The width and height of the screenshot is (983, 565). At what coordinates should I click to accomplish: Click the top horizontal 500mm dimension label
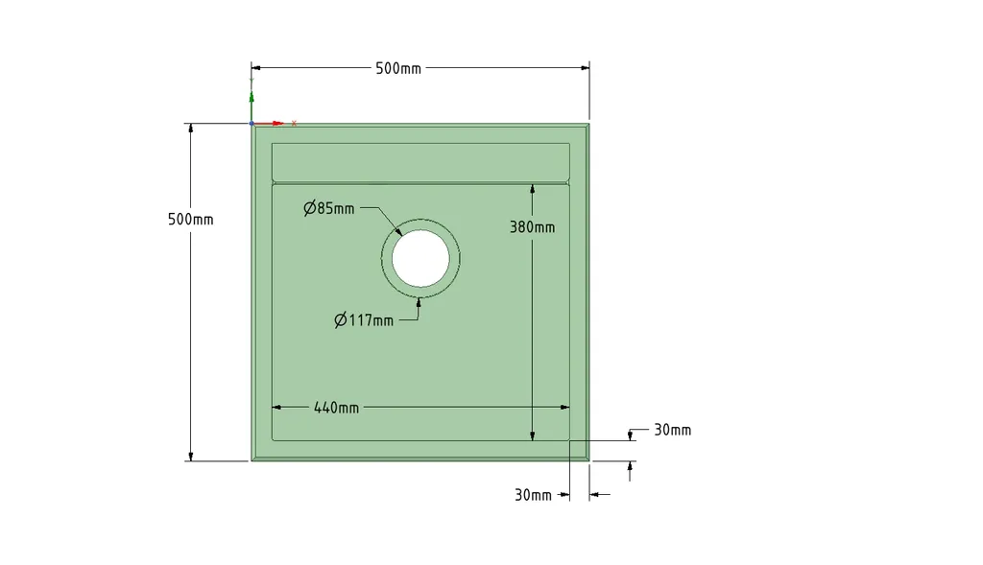coord(397,68)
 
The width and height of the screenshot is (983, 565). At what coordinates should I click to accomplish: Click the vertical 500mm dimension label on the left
coord(190,219)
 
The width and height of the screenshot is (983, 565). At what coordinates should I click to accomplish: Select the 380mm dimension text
coord(532,227)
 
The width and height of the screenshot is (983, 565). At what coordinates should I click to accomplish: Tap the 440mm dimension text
coord(336,408)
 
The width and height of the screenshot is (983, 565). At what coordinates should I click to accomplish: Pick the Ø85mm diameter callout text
coord(329,208)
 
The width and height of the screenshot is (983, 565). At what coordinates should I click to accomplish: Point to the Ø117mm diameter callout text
coord(364,320)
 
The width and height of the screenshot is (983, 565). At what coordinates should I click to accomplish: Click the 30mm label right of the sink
coord(672,430)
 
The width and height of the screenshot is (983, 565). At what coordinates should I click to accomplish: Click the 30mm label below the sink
coord(533,495)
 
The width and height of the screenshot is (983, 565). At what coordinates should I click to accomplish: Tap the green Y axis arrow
coord(252,97)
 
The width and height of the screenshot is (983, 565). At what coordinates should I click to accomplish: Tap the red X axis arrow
coord(278,123)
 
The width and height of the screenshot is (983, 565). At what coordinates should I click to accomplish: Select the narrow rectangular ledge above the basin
coord(420,162)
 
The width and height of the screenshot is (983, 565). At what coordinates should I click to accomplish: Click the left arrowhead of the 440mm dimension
coord(277,408)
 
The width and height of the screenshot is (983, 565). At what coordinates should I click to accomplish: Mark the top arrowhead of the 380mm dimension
coord(532,188)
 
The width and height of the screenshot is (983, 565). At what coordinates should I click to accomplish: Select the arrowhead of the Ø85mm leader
coord(400,232)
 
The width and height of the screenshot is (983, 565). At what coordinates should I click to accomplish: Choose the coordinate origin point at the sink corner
coord(252,123)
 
